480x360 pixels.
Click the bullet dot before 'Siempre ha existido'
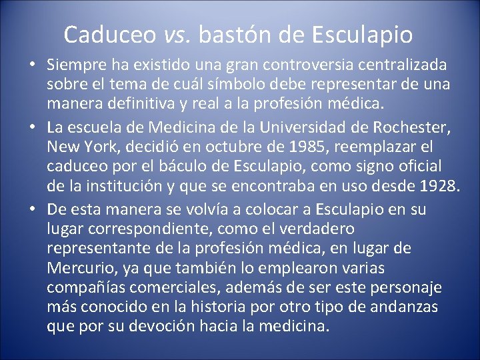[x=32, y=67]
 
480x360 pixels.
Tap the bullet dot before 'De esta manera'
[x=32, y=210]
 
